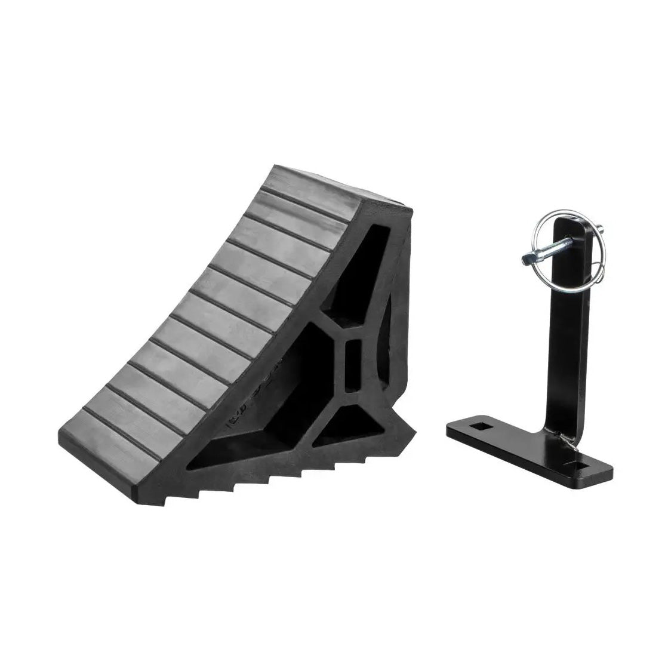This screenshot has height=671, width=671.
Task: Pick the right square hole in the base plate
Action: pyautogui.click(x=597, y=463)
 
